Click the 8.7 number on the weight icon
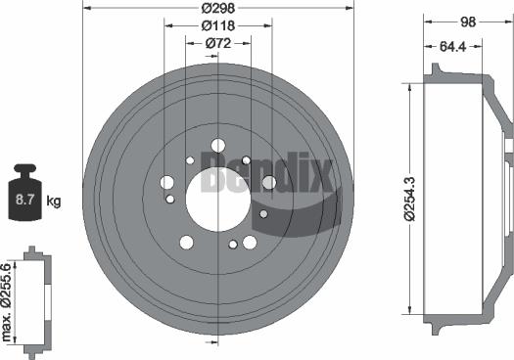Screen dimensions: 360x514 (x=24, y=202)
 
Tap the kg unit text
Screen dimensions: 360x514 (x=54, y=202)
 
